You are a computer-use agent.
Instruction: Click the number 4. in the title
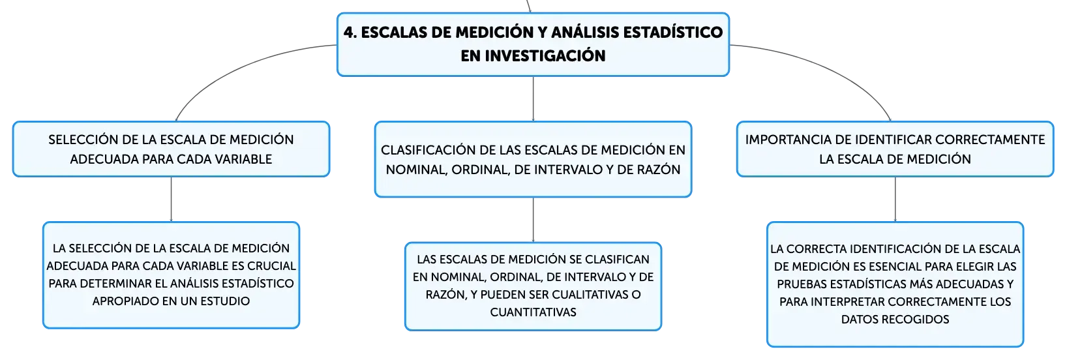pos(350,32)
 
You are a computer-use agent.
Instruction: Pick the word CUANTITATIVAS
pos(533,312)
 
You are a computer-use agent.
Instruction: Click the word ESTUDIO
pos(225,301)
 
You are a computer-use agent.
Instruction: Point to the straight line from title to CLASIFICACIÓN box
pos(533,99)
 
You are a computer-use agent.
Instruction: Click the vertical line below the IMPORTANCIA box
pos(895,200)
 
